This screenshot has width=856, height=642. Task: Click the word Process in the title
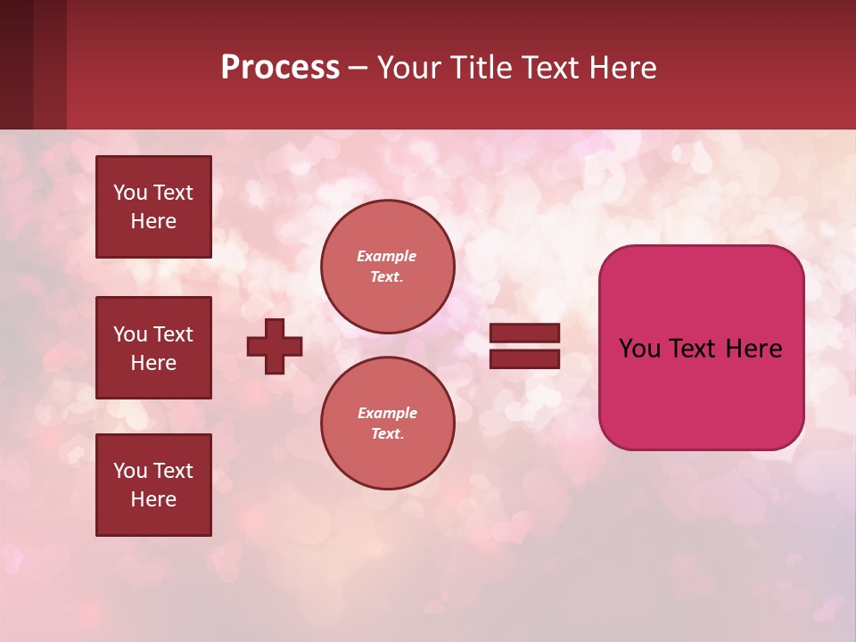(280, 68)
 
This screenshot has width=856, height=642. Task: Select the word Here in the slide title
(621, 68)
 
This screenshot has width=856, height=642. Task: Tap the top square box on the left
(153, 207)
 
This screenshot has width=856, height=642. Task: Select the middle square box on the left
(153, 348)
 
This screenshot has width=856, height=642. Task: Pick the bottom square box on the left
(153, 485)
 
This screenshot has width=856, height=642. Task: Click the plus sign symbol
(275, 346)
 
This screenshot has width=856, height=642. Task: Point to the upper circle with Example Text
(388, 266)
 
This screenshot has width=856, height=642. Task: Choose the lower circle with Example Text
(388, 423)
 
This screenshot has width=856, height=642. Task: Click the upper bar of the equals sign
(525, 333)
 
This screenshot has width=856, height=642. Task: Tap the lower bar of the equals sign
(525, 358)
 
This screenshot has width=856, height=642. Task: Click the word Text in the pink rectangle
(693, 349)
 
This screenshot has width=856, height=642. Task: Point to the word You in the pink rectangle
(639, 349)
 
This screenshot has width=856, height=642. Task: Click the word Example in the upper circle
(387, 256)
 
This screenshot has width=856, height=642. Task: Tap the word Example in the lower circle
(387, 413)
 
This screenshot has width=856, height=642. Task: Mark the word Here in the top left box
(153, 221)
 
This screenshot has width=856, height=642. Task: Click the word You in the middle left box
(130, 334)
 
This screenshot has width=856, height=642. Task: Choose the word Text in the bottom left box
(173, 471)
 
